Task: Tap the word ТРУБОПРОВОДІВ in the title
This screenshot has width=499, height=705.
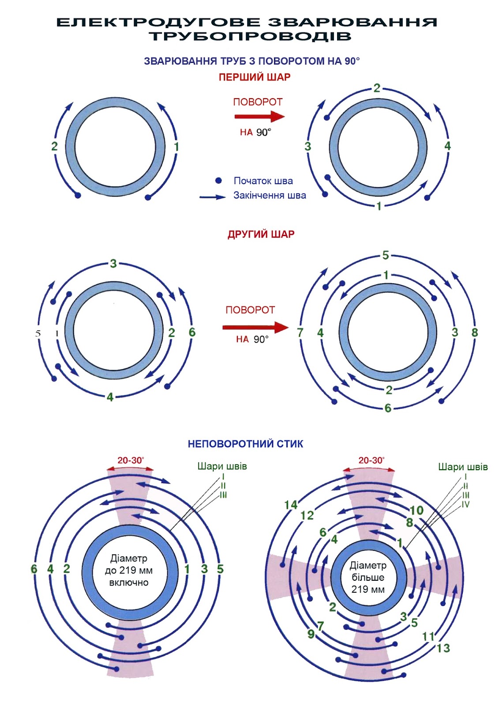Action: click(x=250, y=36)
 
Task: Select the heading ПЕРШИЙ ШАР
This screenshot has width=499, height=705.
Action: click(x=255, y=78)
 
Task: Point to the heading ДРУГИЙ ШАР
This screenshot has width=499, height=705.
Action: click(x=261, y=234)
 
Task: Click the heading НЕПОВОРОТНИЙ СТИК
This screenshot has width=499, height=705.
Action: click(x=245, y=444)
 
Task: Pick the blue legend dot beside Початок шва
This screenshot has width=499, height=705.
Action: click(x=218, y=181)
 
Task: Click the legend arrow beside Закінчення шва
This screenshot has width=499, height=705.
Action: click(x=213, y=197)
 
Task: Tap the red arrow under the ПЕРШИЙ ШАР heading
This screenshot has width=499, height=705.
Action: click(x=259, y=117)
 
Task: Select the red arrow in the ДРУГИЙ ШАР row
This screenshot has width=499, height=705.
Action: click(x=255, y=327)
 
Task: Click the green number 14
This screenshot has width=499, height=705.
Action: click(x=291, y=505)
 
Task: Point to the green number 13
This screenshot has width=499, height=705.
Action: click(x=443, y=648)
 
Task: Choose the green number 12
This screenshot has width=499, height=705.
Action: click(x=307, y=516)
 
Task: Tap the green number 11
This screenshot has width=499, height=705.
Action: click(x=428, y=637)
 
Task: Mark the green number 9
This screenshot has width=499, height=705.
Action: click(x=311, y=634)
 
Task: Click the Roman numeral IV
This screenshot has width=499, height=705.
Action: click(x=465, y=504)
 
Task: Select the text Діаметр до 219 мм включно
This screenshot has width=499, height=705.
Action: click(x=129, y=571)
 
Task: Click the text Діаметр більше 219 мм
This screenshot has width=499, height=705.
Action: click(x=368, y=577)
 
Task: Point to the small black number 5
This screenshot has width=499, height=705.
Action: click(x=38, y=334)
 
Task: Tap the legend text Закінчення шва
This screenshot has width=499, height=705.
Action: click(x=270, y=196)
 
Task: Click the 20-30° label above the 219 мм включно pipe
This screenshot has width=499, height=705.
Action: click(x=131, y=460)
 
